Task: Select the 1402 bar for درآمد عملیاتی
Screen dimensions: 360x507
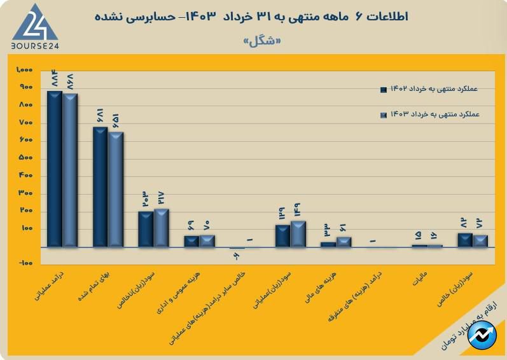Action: click(55, 169)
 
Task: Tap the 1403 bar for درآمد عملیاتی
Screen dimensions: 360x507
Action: click(70, 170)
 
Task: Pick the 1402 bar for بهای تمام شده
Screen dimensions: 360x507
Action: click(101, 186)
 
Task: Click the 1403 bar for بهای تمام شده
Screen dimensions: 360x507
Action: click(116, 189)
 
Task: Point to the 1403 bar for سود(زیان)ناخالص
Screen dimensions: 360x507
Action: click(162, 228)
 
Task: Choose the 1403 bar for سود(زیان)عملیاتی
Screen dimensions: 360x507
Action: click(298, 233)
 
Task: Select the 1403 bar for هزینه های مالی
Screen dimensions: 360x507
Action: click(344, 242)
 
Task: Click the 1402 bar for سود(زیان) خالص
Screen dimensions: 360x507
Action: click(465, 240)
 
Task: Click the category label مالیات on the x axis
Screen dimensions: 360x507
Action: click(419, 278)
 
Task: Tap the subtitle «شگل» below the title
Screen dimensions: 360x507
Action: click(261, 41)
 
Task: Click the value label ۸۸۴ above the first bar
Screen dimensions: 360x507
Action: click(55, 78)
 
